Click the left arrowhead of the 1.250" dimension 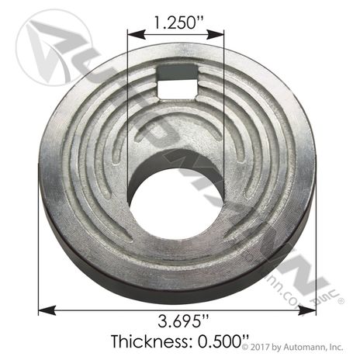pyautogui.click(x=137, y=34)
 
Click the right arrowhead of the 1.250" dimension pyautogui.click(x=215, y=34)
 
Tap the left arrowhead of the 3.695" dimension pyautogui.click(x=47, y=310)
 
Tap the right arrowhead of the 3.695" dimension pyautogui.click(x=307, y=310)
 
